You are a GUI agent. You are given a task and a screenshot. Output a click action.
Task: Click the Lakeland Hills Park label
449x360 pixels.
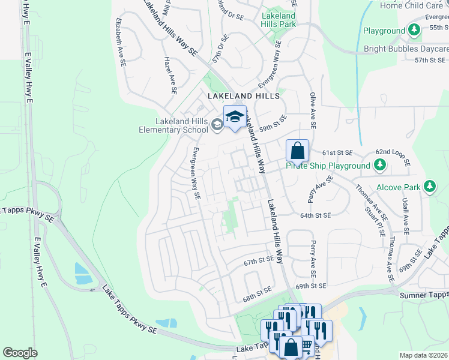click(x=279, y=20)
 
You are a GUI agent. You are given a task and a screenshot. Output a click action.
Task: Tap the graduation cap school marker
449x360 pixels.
click(x=235, y=117)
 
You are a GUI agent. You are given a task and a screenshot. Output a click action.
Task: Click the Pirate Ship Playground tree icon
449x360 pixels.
click(x=379, y=165)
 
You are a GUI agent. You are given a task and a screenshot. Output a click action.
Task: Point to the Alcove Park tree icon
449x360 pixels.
click(x=430, y=187)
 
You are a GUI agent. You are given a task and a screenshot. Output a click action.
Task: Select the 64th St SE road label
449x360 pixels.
click(x=316, y=215)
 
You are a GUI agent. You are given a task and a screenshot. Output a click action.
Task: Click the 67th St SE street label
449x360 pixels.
click(x=259, y=262)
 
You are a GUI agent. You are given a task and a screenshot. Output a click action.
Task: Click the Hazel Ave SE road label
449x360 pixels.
click(x=170, y=75)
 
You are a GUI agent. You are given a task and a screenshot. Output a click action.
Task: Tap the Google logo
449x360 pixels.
click(x=20, y=353)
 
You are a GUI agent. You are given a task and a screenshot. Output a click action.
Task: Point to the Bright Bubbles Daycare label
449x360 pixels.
click(x=406, y=49)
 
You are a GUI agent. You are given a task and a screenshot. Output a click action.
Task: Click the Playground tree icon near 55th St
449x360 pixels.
click(x=414, y=30)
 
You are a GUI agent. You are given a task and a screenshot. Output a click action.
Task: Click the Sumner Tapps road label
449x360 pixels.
click(x=423, y=295)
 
